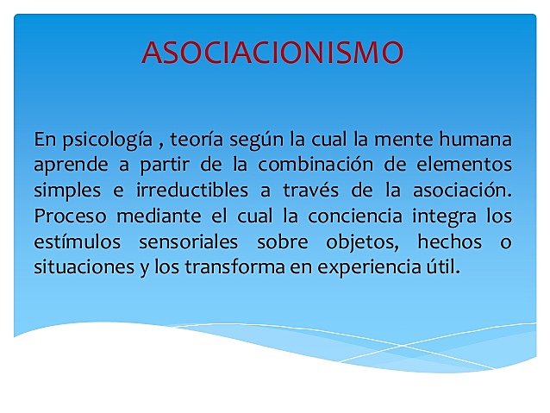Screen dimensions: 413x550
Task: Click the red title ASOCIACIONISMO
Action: [x=272, y=53]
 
